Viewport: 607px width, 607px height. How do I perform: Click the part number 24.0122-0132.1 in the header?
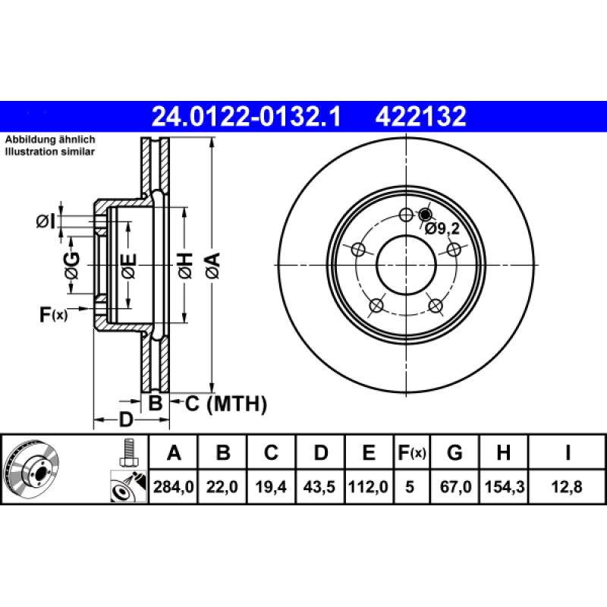[x=247, y=117]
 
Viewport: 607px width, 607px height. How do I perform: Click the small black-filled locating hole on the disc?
[x=424, y=215]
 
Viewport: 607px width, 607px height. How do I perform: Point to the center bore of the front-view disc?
[x=406, y=265]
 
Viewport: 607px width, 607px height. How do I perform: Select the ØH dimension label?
[x=184, y=265]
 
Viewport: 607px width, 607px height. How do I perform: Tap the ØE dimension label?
[x=129, y=266]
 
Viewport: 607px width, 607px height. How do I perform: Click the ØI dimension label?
[x=46, y=222]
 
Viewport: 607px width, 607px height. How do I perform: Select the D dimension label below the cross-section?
[x=125, y=420]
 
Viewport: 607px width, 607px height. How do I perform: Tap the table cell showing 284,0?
[x=174, y=488]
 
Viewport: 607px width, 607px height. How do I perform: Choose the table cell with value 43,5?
[x=321, y=488]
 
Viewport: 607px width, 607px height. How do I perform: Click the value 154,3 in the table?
[x=502, y=488]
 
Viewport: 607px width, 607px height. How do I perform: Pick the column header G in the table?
[x=454, y=454]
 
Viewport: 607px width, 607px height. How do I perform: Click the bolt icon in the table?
[x=127, y=453]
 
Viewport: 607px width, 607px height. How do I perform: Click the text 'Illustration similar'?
[x=50, y=152]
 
